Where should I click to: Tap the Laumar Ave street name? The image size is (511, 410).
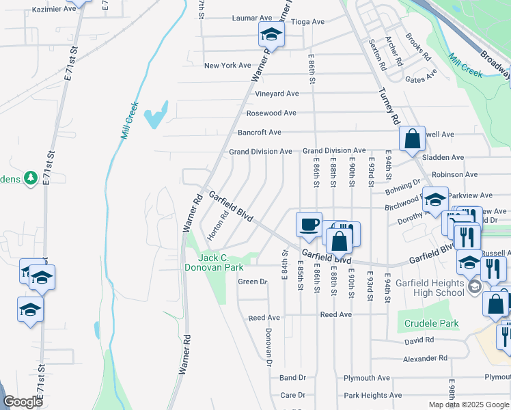(x=252, y=18)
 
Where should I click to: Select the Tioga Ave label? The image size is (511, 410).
(x=307, y=22)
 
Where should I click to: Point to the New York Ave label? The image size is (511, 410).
(x=228, y=66)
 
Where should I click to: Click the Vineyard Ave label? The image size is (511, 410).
(x=277, y=94)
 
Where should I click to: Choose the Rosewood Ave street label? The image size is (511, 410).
(x=271, y=113)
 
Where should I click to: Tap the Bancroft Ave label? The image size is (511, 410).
(x=260, y=133)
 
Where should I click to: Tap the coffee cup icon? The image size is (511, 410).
(x=309, y=224)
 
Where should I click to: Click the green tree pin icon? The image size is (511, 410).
(x=30, y=179)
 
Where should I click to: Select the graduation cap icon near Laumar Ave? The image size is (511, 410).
(x=271, y=34)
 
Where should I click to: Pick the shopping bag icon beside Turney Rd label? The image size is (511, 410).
(x=413, y=139)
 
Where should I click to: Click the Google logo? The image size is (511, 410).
(x=23, y=402)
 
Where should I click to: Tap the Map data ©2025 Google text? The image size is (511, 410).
(x=469, y=405)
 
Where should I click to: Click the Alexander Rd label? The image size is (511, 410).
(x=424, y=358)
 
